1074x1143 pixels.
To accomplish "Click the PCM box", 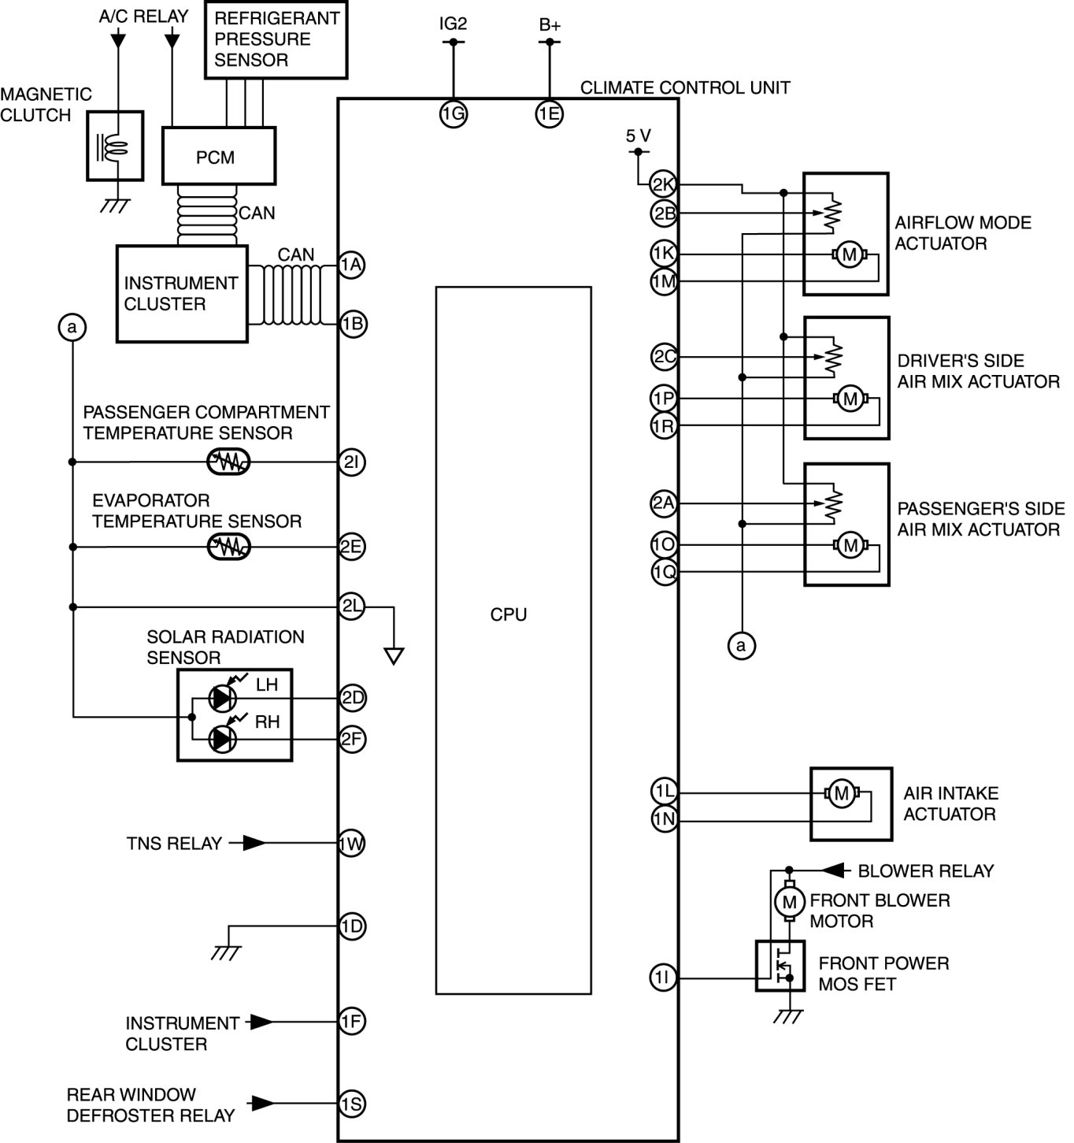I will [x=218, y=156].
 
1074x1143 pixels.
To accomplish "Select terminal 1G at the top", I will [x=454, y=114].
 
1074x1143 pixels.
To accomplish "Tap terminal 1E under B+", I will [x=550, y=114].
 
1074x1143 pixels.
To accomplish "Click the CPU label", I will [x=509, y=614].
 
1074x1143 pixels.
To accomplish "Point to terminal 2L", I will [x=352, y=607].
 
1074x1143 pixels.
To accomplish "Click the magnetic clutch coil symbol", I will [x=114, y=147].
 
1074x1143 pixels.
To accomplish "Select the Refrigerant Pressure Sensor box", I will [x=276, y=39].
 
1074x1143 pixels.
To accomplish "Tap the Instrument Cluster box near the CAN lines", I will [x=182, y=293].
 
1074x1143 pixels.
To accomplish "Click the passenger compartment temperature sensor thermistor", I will [x=228, y=462].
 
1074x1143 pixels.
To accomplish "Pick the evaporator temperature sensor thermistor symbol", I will [x=228, y=546].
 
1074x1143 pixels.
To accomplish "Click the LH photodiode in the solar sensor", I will [x=223, y=698].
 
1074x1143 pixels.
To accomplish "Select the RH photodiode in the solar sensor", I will [x=223, y=739].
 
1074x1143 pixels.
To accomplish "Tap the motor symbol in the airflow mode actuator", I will [x=849, y=254].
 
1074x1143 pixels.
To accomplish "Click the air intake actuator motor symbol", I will [x=840, y=793].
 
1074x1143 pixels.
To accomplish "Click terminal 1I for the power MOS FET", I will [x=664, y=978].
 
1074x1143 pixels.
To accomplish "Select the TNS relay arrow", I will [x=254, y=843].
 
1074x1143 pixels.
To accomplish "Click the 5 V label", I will [x=639, y=135].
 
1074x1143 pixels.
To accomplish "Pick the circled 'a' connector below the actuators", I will [x=740, y=646].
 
